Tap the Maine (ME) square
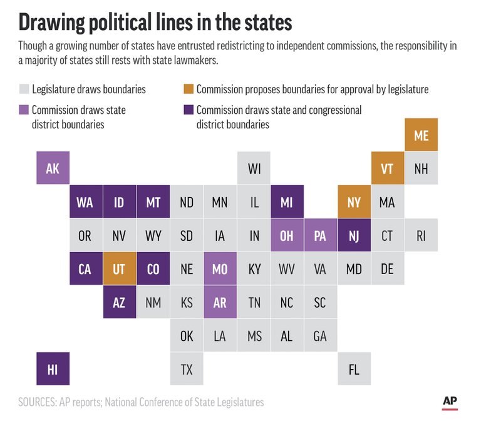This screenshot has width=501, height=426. pyautogui.click(x=421, y=134)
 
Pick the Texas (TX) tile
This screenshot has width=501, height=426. pyautogui.click(x=187, y=369)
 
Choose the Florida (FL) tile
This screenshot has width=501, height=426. pyautogui.click(x=354, y=369)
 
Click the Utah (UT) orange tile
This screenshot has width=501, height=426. pyautogui.click(x=120, y=269)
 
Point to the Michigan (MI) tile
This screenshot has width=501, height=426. pyautogui.click(x=287, y=202)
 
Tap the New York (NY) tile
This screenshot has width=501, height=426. pyautogui.click(x=354, y=202)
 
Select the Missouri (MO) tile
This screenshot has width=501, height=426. pyautogui.click(x=220, y=269)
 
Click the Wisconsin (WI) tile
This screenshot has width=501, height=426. pyautogui.click(x=254, y=168)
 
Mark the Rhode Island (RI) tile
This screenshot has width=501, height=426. pyautogui.click(x=421, y=236)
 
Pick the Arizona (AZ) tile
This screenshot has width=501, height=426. pyautogui.click(x=120, y=303)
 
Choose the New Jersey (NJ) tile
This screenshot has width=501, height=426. pyautogui.click(x=354, y=236)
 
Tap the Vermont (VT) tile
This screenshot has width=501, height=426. pyautogui.click(x=388, y=168)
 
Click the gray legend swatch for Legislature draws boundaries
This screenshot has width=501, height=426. pyautogui.click(x=24, y=89)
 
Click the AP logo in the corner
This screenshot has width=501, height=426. pyautogui.click(x=450, y=402)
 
